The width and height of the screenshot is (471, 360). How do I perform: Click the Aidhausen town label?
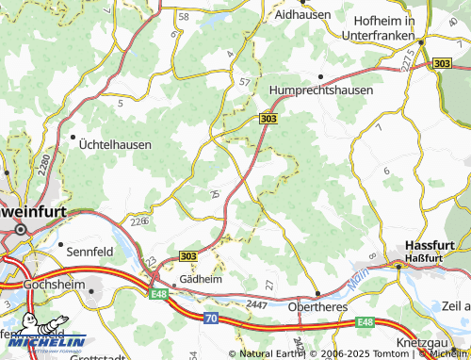(x=301, y=16)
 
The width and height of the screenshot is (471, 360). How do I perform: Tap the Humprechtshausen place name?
(x=320, y=90)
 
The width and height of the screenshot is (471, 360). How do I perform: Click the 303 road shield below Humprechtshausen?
(x=268, y=118)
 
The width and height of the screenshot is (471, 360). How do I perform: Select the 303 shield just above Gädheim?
(x=187, y=255)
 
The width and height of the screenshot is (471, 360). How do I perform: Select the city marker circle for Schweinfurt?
(x=20, y=229)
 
